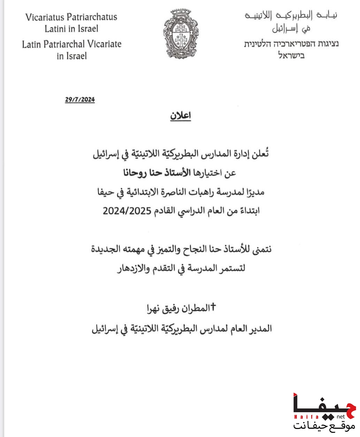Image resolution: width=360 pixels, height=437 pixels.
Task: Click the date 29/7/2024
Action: (x=80, y=100)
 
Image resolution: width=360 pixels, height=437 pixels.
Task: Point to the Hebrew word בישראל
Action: (x=291, y=55)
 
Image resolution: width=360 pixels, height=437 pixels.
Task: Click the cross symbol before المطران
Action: (x=214, y=307)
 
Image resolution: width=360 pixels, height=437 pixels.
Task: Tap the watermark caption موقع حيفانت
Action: (x=324, y=425)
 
